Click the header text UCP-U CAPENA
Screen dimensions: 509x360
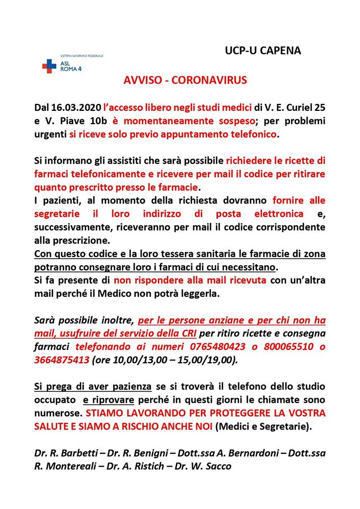point(262,51)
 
